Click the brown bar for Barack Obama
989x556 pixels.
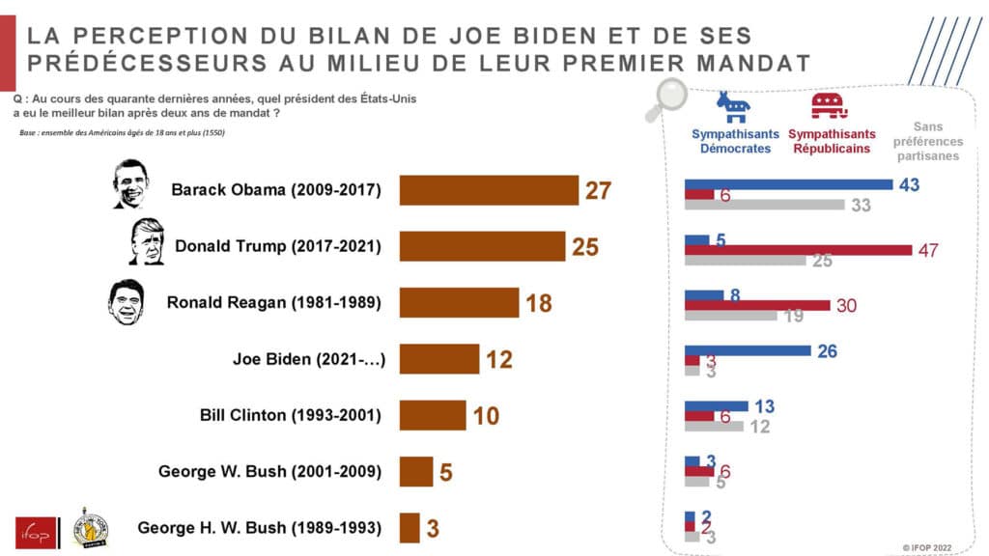coord(489,190)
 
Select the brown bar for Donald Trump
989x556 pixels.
coord(482,246)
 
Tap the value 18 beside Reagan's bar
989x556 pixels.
coord(538,303)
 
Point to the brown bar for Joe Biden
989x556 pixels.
coord(439,359)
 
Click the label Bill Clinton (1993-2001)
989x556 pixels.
coord(289,416)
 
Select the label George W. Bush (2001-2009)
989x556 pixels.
coord(269,472)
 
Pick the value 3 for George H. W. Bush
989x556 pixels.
coord(434,529)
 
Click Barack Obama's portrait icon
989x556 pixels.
coord(128,184)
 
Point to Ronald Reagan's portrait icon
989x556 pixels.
coord(126,302)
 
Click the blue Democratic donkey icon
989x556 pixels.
coord(732,105)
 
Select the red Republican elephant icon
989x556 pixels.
coord(829,105)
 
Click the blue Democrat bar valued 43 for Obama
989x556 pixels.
coord(788,183)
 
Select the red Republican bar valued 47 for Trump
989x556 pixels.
coord(798,250)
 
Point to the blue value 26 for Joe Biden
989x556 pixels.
coord(827,351)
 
